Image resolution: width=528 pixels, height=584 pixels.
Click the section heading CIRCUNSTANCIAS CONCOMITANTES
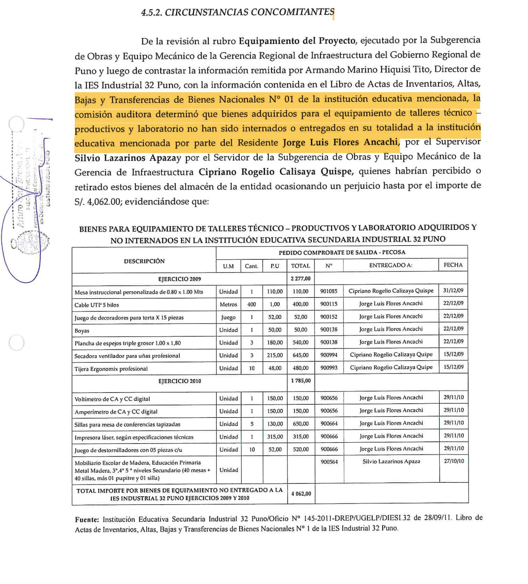click(237, 12)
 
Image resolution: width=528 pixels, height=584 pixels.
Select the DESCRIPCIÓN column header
click(144, 261)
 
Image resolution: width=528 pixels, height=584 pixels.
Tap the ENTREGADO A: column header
click(391, 265)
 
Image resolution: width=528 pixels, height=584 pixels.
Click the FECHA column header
click(453, 265)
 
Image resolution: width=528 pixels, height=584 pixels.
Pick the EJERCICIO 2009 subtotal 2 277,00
click(301, 279)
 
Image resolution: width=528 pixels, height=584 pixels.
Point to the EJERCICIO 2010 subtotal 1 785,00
click(301, 381)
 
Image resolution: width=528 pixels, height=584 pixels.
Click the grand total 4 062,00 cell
click(301, 494)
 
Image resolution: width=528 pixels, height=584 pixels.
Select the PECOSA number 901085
click(329, 291)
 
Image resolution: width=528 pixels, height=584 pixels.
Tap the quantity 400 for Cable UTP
click(251, 304)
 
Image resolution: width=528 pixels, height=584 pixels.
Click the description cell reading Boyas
click(82, 331)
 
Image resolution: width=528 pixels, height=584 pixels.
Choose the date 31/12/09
click(453, 291)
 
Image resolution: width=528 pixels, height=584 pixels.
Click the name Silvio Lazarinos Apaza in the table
click(391, 461)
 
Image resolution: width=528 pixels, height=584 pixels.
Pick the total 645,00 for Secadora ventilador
click(301, 355)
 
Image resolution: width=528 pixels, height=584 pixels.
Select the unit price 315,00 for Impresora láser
click(275, 437)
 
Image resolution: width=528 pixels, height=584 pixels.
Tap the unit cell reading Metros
click(228, 304)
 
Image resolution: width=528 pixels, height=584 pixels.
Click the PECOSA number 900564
click(329, 462)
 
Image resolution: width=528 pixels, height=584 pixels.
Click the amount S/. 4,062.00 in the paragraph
click(97, 202)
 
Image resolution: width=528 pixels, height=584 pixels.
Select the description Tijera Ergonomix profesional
click(111, 369)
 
